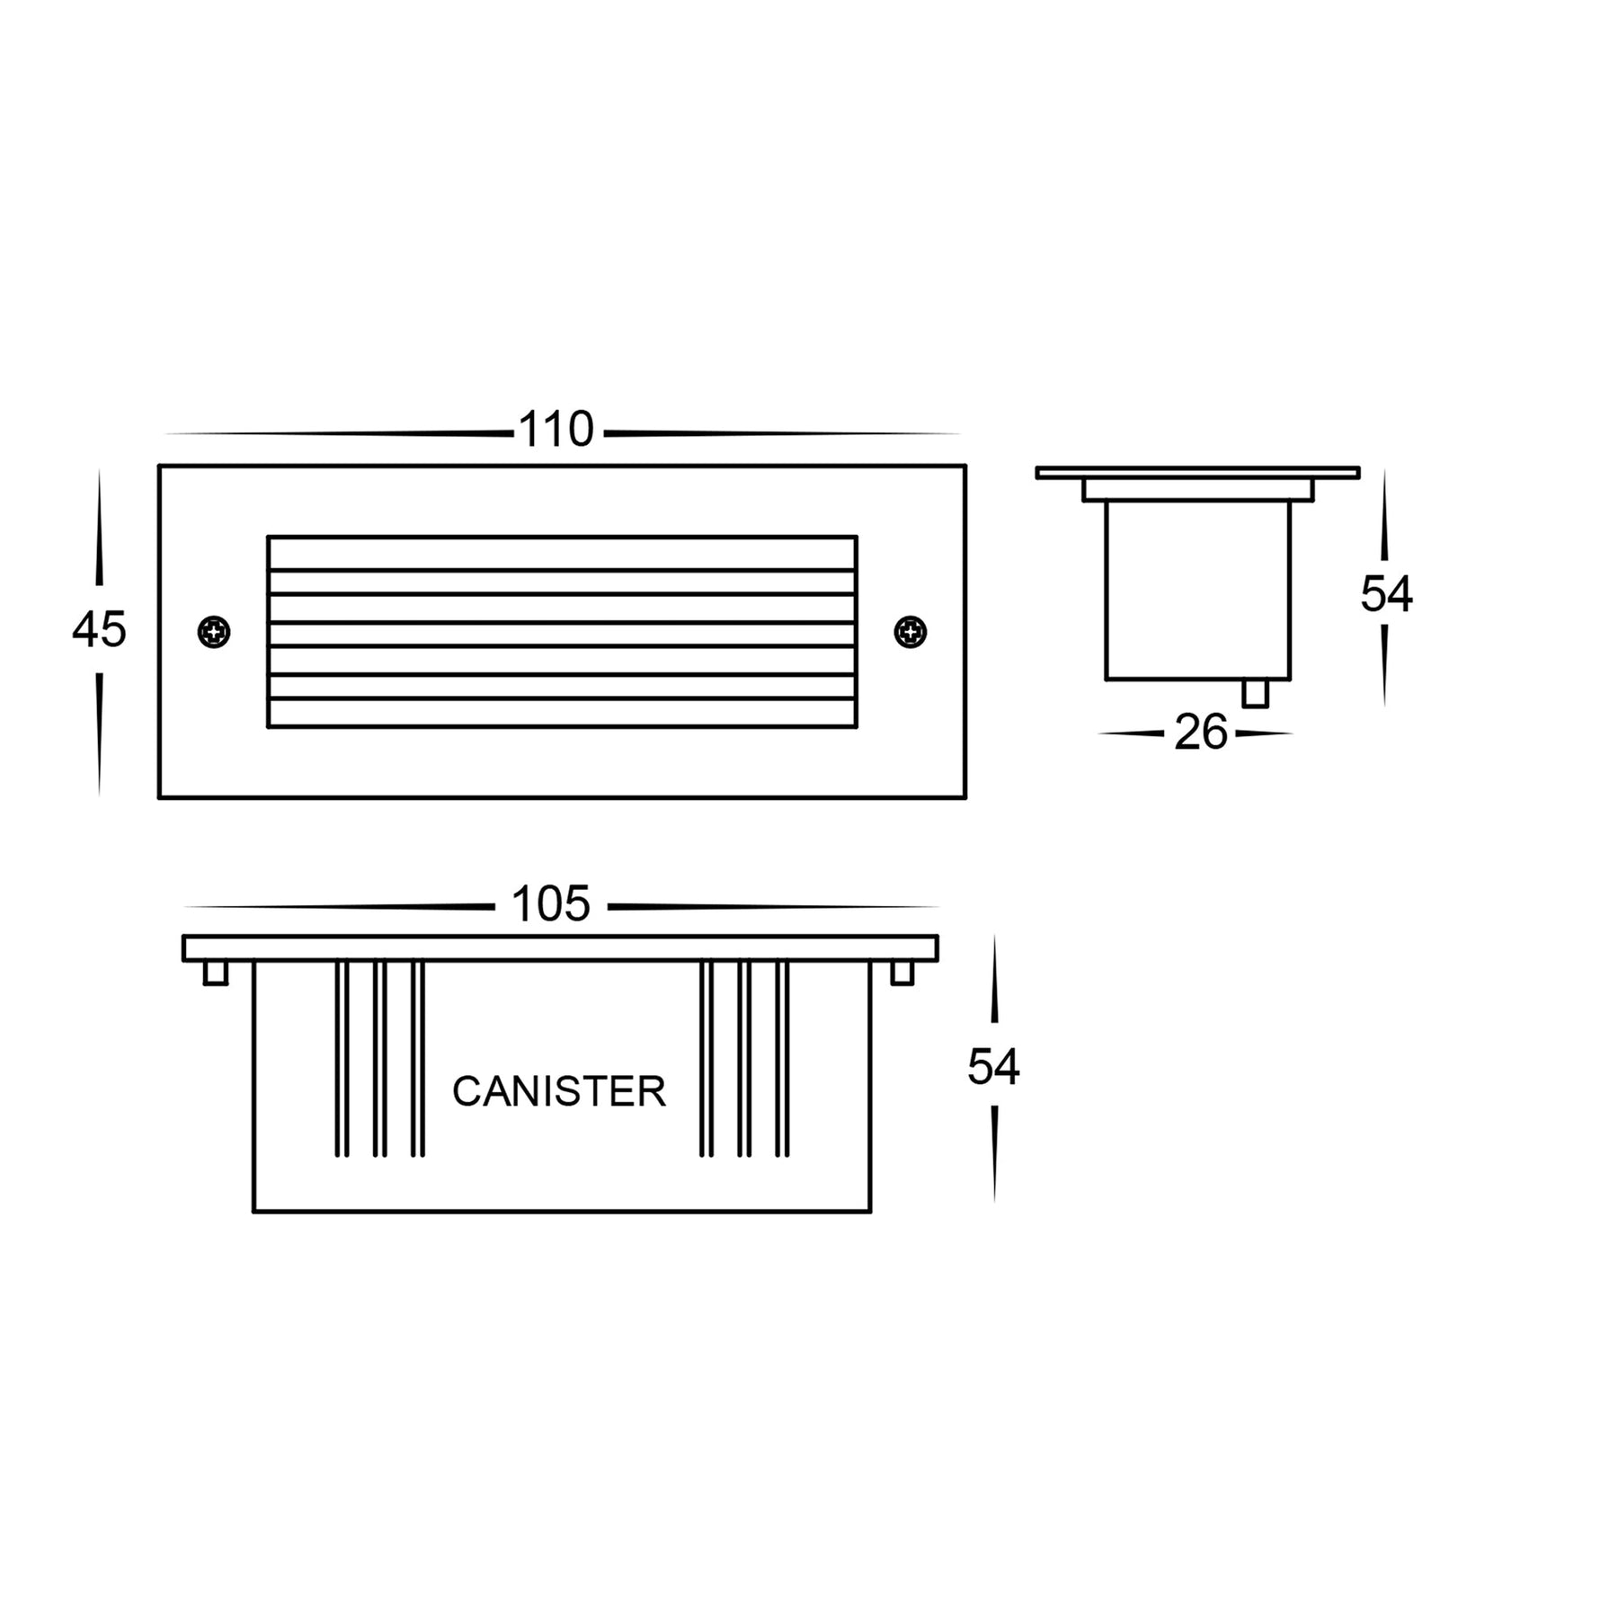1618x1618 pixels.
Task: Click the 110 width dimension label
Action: tap(556, 431)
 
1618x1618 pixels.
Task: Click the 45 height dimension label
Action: tap(99, 629)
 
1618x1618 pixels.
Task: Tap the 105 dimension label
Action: tap(550, 904)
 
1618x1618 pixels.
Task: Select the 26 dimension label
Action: tap(1200, 733)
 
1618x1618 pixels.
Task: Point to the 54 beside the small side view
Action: tap(1386, 595)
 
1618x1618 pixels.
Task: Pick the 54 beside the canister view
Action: tap(993, 1068)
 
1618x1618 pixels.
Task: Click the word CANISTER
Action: tap(558, 1091)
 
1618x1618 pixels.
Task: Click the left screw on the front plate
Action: tap(214, 632)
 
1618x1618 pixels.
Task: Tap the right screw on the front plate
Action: tap(911, 631)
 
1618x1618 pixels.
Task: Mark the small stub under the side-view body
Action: tap(1255, 693)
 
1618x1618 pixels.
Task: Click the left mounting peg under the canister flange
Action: tap(216, 973)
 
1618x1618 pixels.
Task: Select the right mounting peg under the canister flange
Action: tap(902, 973)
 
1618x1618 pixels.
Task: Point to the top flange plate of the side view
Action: tap(1196, 473)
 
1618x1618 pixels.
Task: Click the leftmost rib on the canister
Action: tap(342, 1058)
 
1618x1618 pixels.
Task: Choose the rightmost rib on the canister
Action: tap(782, 1058)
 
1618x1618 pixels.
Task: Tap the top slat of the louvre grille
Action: tap(562, 553)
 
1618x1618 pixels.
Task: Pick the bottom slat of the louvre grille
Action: tap(562, 712)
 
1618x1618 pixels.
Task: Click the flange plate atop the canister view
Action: tap(560, 948)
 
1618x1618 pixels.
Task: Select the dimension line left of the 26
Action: tap(1131, 733)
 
